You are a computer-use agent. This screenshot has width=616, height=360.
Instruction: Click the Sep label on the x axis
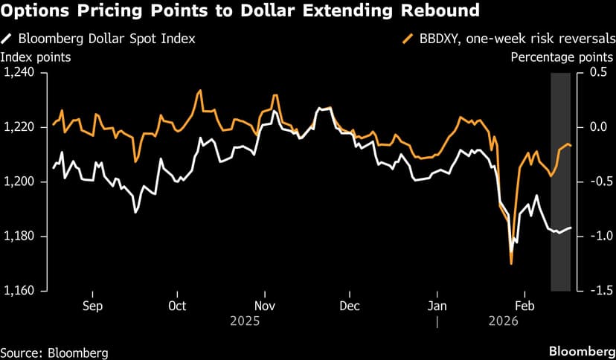coord(92,306)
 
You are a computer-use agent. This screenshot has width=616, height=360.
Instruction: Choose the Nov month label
coord(265,306)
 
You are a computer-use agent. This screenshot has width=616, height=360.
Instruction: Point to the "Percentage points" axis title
coord(562,57)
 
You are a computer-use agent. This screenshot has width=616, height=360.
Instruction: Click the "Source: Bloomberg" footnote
coord(54,352)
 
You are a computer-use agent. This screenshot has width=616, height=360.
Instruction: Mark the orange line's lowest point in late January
coord(511,263)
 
